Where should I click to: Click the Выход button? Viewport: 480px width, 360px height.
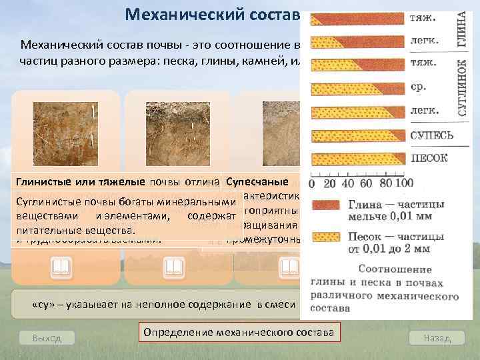click(x=47, y=338)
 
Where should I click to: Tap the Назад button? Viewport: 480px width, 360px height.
click(x=437, y=338)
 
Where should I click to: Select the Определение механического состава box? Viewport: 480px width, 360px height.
click(x=239, y=331)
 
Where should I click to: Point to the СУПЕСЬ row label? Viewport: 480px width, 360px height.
click(x=431, y=135)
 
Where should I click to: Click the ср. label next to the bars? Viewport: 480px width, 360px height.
click(x=416, y=86)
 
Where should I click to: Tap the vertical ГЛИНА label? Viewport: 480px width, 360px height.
click(x=461, y=30)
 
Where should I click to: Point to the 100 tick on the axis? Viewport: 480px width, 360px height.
click(x=403, y=183)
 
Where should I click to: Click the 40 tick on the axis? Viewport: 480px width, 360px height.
click(x=347, y=183)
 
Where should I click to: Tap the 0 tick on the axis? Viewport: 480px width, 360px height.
click(x=311, y=183)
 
